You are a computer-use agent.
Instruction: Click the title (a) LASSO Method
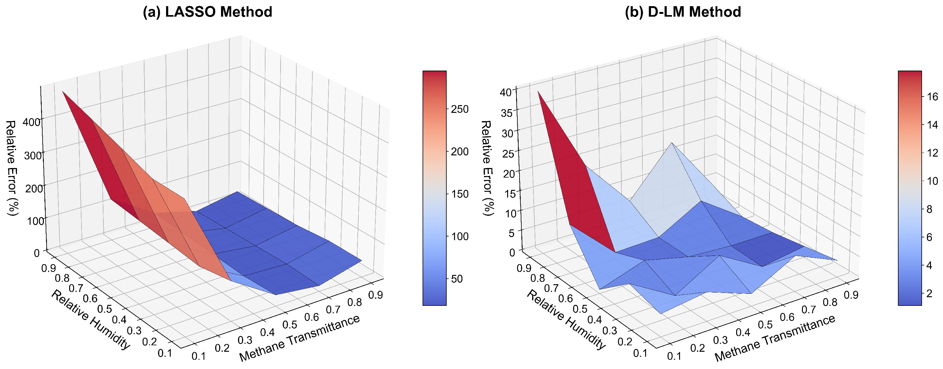pyautogui.click(x=207, y=12)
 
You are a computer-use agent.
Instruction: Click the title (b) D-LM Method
pyautogui.click(x=683, y=12)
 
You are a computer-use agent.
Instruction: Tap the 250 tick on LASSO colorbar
pyautogui.click(x=459, y=109)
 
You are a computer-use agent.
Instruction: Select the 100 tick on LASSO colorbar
pyautogui.click(x=459, y=236)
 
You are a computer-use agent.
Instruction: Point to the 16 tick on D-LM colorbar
pyautogui.click(x=932, y=96)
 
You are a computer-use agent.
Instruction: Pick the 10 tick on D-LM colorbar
pyautogui.click(x=932, y=181)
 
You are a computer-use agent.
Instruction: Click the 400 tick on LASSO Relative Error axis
pyautogui.click(x=31, y=122)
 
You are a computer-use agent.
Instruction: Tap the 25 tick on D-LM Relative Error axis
pyautogui.click(x=508, y=153)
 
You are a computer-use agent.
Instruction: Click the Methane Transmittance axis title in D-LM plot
pyautogui.click(x=775, y=338)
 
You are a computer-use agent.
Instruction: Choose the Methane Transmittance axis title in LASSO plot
pyautogui.click(x=299, y=338)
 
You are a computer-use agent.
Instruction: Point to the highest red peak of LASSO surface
pyautogui.click(x=63, y=92)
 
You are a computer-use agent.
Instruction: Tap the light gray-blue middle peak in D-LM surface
pyautogui.click(x=671, y=143)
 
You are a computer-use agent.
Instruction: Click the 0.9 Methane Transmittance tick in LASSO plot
pyautogui.click(x=376, y=294)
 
